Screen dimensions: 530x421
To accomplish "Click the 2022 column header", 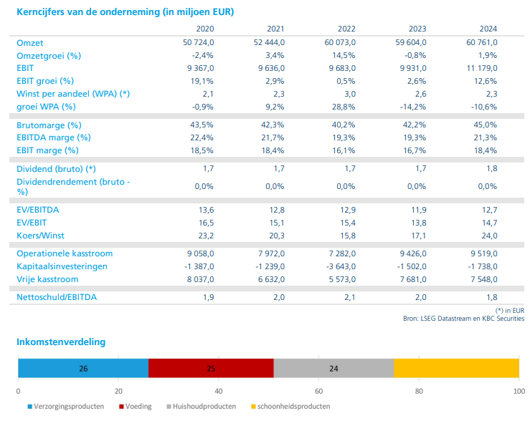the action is coord(346,29).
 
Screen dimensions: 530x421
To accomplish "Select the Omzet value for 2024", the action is coord(482,42).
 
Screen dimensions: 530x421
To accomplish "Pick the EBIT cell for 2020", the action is coord(200,68).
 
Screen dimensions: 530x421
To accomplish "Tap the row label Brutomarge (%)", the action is coord(49,125).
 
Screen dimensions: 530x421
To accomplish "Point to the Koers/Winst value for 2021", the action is coord(277,236).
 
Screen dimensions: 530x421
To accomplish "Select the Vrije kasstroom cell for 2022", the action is coord(342,279).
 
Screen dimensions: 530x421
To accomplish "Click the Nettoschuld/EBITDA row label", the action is coord(57,297).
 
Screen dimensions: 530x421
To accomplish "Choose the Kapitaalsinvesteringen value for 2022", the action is coord(341,266).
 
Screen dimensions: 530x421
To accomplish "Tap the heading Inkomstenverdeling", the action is coord(61,342).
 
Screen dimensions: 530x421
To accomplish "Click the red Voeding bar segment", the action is coord(211,368).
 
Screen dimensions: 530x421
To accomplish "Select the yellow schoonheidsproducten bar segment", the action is coord(456,368).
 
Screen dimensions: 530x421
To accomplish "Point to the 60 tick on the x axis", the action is coord(318,391).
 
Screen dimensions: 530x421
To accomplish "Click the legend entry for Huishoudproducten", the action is coord(202,407).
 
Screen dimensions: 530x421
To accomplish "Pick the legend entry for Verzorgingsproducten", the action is coord(66,407).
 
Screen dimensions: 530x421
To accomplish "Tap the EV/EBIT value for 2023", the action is coord(419,223).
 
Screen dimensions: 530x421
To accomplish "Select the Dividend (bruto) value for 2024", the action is coord(492,168).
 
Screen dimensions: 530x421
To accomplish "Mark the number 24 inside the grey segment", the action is coord(333,368).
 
